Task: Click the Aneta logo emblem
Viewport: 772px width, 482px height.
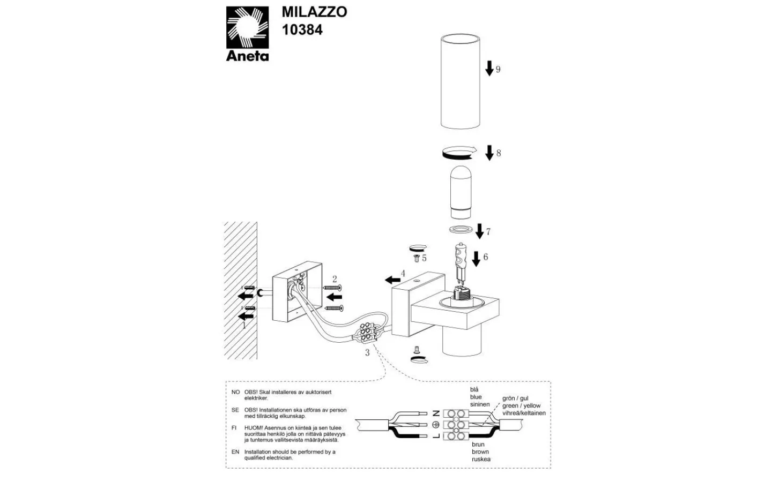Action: (x=247, y=27)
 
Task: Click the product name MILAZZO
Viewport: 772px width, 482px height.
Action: (x=314, y=12)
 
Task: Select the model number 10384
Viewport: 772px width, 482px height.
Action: (x=302, y=29)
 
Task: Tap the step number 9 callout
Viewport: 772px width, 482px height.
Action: (x=498, y=70)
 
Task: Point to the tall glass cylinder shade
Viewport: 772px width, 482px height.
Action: (x=461, y=81)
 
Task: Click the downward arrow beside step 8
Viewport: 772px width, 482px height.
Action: (x=489, y=153)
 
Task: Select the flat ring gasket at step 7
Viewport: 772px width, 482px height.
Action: (x=461, y=229)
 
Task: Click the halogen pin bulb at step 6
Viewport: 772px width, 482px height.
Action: (x=461, y=265)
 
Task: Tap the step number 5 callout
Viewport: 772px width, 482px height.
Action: (x=424, y=258)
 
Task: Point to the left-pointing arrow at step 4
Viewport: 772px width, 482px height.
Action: (x=392, y=280)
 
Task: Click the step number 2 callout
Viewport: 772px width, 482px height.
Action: (x=335, y=279)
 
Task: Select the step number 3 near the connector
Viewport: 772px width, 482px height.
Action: (x=367, y=353)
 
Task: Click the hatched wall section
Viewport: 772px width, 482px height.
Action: (x=241, y=291)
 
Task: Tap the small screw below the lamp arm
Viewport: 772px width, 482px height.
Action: (x=417, y=350)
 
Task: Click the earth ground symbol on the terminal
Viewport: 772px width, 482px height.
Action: (x=435, y=425)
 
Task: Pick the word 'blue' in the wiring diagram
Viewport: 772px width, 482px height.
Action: (x=476, y=397)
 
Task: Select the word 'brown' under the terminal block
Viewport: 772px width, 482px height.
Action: (x=480, y=451)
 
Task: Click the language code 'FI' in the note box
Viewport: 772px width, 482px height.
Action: (x=234, y=428)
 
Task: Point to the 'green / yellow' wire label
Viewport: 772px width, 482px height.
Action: (x=521, y=406)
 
